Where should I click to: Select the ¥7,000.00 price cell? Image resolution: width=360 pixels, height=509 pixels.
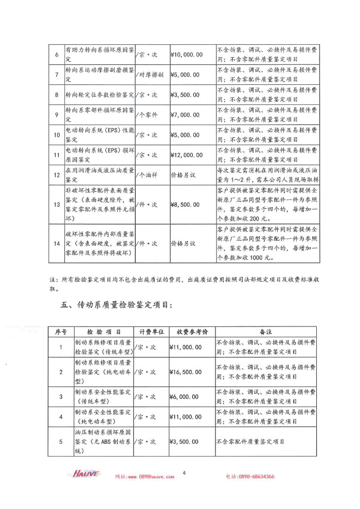(x=184, y=115)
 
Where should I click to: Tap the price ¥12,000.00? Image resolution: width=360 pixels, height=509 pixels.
(x=186, y=155)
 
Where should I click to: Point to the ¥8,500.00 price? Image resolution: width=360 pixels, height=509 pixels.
(x=184, y=205)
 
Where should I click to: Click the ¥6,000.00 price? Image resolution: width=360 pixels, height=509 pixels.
(x=184, y=397)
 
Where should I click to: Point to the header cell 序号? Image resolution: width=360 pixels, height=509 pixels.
(x=61, y=332)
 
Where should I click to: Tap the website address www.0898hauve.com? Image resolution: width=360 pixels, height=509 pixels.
(x=145, y=477)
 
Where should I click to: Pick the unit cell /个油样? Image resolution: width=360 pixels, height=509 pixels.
(x=147, y=175)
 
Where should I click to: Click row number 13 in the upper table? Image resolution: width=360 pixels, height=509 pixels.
(x=57, y=205)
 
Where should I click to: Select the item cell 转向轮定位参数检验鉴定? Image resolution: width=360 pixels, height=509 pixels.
(x=99, y=95)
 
